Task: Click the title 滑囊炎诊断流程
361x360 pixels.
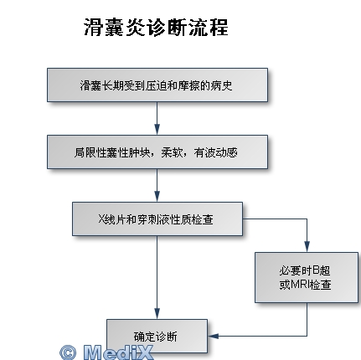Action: (x=156, y=28)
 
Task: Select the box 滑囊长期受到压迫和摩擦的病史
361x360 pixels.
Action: (x=157, y=85)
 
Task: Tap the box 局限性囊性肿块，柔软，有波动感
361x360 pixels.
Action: (x=157, y=152)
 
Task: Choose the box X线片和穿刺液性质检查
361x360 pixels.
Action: (x=157, y=219)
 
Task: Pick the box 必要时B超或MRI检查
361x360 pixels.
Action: (x=307, y=277)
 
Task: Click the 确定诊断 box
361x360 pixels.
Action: (x=157, y=336)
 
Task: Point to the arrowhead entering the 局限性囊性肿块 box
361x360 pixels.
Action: (x=157, y=130)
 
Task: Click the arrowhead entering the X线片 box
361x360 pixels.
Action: (x=157, y=197)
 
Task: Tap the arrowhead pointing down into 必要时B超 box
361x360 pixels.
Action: (x=307, y=247)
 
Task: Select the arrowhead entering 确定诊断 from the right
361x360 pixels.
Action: (x=213, y=336)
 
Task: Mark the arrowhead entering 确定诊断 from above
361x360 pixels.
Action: (x=157, y=314)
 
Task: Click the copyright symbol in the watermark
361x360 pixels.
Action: (x=68, y=352)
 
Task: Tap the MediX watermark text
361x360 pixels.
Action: (x=118, y=352)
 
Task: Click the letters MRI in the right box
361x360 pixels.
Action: (x=301, y=285)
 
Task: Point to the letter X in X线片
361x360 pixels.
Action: (x=101, y=219)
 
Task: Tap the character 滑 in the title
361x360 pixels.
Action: (x=94, y=28)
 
